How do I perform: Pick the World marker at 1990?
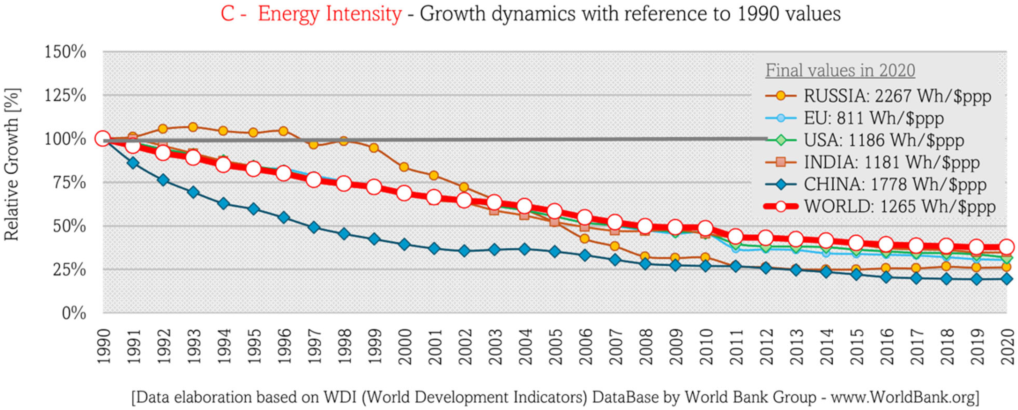tap(103, 139)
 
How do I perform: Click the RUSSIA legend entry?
tap(897, 96)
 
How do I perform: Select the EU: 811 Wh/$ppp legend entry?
tap(873, 118)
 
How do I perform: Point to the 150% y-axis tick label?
tap(65, 52)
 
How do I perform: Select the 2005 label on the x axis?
tap(555, 346)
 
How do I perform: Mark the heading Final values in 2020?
tap(840, 71)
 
